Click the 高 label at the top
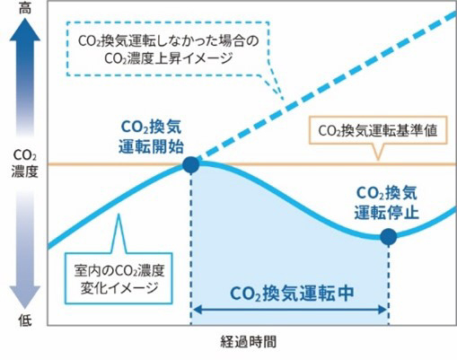[x=25, y=8]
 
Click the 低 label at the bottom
[x=25, y=320]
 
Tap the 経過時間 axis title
[x=248, y=342]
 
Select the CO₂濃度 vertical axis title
[x=25, y=163]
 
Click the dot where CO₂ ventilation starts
[x=191, y=164]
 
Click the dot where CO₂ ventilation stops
[x=389, y=237]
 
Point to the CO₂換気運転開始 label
[x=151, y=137]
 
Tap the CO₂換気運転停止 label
[x=387, y=203]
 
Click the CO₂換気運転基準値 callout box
[x=378, y=131]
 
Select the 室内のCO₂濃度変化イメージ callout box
[x=119, y=278]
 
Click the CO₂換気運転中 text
[x=292, y=294]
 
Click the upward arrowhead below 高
[x=25, y=30]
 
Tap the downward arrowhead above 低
[x=25, y=297]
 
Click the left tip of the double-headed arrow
[x=193, y=310]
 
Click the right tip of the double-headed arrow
[x=387, y=310]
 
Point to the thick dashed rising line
[x=326, y=87]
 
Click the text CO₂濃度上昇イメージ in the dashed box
[x=169, y=58]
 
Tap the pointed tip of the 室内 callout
[x=119, y=214]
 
